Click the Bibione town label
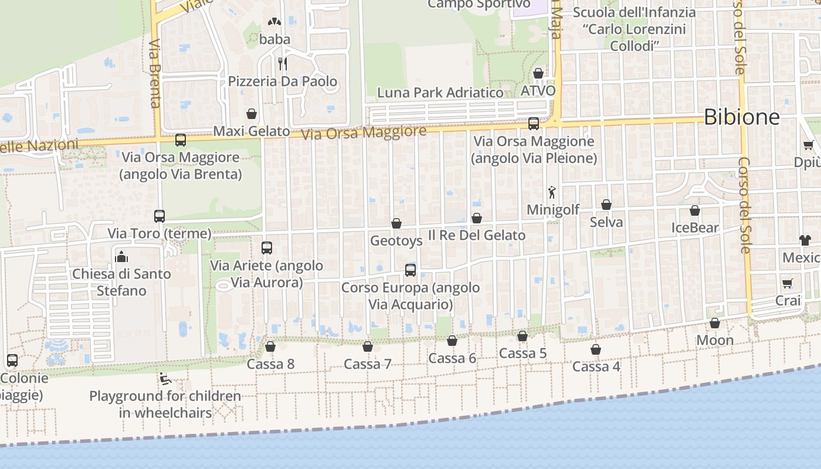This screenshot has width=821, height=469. (x=741, y=117)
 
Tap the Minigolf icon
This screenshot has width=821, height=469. (x=551, y=192)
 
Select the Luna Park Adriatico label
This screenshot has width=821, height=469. (x=440, y=93)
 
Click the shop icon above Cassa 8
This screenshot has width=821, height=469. (x=270, y=346)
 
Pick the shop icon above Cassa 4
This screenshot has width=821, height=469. (x=596, y=349)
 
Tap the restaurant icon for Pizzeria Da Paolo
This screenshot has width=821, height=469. (x=283, y=63)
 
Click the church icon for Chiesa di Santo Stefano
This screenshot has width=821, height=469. (x=121, y=256)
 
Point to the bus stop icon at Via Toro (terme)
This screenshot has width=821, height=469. (x=160, y=216)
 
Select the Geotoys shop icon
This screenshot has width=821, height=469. (x=396, y=223)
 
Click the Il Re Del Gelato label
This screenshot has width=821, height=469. (x=476, y=235)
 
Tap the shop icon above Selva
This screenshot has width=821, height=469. (x=606, y=205)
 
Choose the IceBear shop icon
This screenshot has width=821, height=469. (x=695, y=210)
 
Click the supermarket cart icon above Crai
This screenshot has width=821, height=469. (x=787, y=284)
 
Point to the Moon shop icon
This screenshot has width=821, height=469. (x=715, y=323)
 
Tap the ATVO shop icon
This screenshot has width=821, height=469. (x=538, y=73)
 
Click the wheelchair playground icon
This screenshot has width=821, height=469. (x=165, y=379)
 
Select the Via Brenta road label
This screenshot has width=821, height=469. (x=155, y=74)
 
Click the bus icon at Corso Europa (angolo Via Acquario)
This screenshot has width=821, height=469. (x=410, y=270)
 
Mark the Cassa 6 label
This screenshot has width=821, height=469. (x=452, y=358)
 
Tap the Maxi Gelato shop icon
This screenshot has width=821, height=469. (x=252, y=114)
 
